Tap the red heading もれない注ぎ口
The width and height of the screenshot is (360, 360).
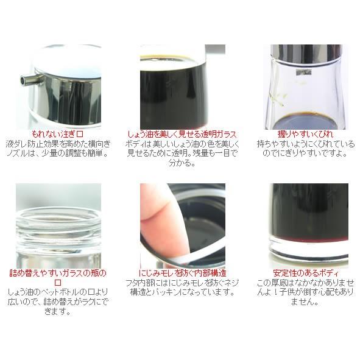coord(57,134)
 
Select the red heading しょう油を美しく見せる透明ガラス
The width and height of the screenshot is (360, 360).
coord(182,134)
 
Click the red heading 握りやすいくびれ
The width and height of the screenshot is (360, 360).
coord(305,134)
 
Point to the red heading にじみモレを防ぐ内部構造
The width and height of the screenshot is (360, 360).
coord(183,273)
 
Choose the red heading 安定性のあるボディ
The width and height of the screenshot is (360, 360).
coord(306,273)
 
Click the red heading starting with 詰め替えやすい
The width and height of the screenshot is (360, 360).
coord(58,277)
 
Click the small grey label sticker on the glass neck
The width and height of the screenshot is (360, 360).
coord(303,72)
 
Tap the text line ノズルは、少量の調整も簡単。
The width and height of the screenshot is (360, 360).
coord(57,154)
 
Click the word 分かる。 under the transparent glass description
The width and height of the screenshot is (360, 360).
coord(182,163)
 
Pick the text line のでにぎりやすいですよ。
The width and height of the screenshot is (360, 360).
coord(305,154)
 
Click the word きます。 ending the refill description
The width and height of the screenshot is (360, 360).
coord(57,312)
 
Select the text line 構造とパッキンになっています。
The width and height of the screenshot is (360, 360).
coord(183,292)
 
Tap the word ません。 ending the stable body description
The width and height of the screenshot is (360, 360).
coord(305,302)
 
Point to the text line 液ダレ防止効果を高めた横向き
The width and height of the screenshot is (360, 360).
coord(58,144)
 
